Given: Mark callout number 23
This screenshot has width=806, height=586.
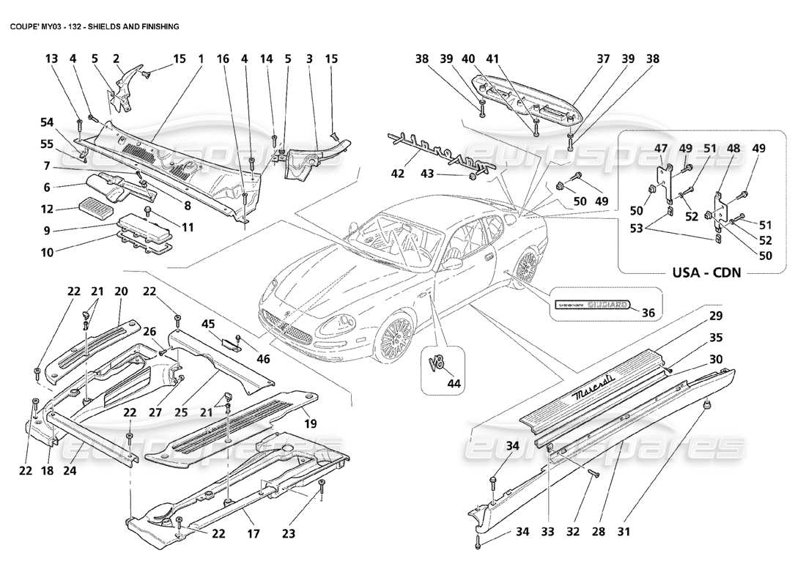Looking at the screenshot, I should [289, 534].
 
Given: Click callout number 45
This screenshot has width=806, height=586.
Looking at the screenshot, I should [207, 324].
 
